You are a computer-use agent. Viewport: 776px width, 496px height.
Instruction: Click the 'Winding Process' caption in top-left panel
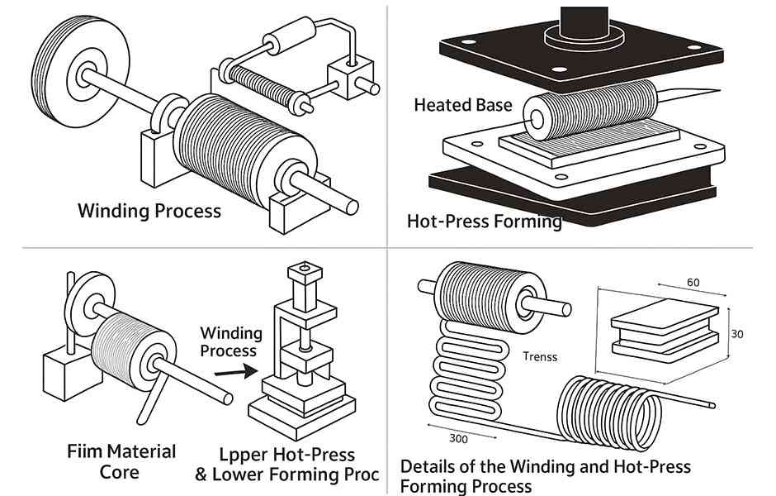pyautogui.click(x=149, y=211)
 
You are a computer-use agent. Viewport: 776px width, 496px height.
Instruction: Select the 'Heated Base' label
pyautogui.click(x=463, y=105)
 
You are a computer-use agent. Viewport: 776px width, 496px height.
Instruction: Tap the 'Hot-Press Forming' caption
pyautogui.click(x=485, y=222)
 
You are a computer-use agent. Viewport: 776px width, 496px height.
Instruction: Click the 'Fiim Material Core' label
pyautogui.click(x=121, y=461)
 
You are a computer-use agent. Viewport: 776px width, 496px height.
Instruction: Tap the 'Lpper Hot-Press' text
pyautogui.click(x=287, y=455)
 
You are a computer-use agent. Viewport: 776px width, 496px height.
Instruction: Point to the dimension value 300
pyautogui.click(x=459, y=438)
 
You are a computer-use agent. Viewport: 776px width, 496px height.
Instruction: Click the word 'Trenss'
pyautogui.click(x=540, y=357)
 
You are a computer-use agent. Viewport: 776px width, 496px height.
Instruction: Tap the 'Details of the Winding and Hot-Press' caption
pyautogui.click(x=545, y=467)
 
